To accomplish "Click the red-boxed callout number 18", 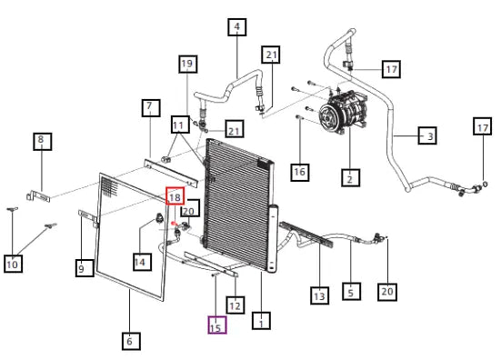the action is pos(175,196).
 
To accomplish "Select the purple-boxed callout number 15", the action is pos(217,325).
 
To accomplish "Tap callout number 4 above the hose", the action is pos(236,27).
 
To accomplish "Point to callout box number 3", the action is pos(427,135).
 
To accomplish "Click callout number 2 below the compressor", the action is pos(350,177).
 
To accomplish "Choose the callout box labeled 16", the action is pos(300,173).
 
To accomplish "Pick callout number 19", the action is pos(187,64).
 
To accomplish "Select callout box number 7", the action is pos(151,107).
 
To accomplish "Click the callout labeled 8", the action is pos(42,141).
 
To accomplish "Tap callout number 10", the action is pos(13,264).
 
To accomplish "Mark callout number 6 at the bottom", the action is pos(131,341).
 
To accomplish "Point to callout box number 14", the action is pos(142,262).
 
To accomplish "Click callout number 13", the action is pos(319,295).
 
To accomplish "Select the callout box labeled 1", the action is pos(261,320).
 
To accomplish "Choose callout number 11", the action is pos(180,125).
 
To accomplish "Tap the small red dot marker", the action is pos(174,224).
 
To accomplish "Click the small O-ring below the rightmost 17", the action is pos(485,184).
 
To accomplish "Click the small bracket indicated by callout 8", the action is pos(37,195).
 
